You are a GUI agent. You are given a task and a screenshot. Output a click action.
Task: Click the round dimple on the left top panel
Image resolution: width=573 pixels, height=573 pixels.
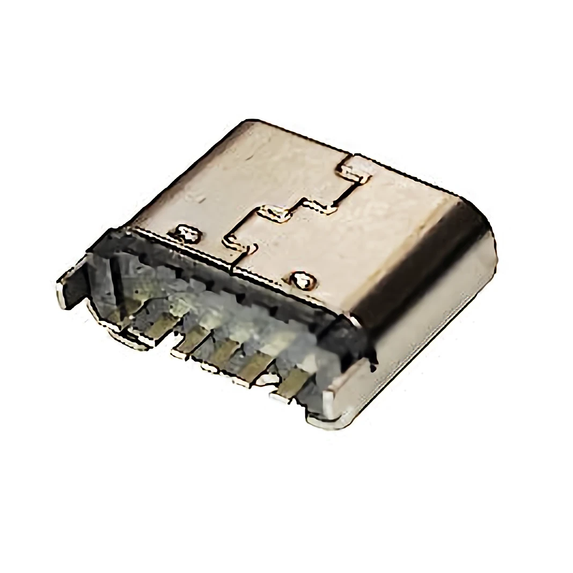click(188, 234)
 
